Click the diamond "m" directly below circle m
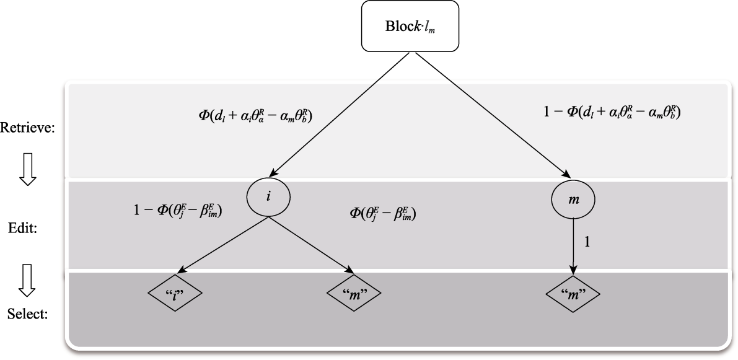tap(573, 293)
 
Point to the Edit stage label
tap(29, 228)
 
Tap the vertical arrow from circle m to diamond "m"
tap(573, 245)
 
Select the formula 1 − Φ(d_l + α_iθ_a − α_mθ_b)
tap(610, 112)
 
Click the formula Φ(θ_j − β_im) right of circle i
tap(382, 214)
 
